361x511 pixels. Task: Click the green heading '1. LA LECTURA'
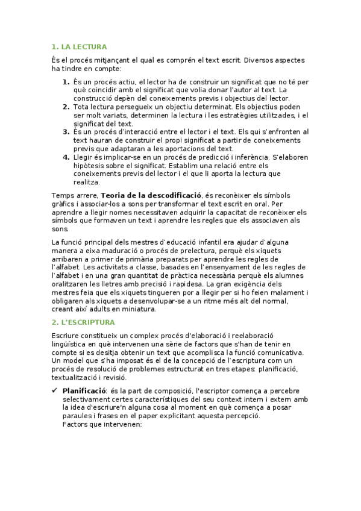tap(79, 46)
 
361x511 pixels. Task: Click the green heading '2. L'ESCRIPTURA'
tap(83, 322)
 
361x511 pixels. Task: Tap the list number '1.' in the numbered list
tap(66, 81)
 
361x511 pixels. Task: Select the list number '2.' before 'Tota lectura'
tap(66, 107)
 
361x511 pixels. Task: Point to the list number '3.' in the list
tap(66, 131)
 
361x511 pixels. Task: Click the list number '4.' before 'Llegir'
tap(66, 157)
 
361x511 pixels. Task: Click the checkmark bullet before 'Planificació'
tap(55, 390)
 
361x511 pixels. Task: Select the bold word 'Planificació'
tap(84, 390)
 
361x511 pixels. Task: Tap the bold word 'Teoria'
tap(114, 195)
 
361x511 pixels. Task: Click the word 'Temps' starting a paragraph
tap(63, 195)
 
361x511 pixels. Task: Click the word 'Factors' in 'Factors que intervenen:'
tap(75, 424)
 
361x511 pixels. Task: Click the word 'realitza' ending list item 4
tap(87, 182)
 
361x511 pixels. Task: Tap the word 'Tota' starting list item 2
tap(81, 107)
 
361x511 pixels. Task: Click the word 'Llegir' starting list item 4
tap(83, 157)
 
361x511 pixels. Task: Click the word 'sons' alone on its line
tap(60, 229)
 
